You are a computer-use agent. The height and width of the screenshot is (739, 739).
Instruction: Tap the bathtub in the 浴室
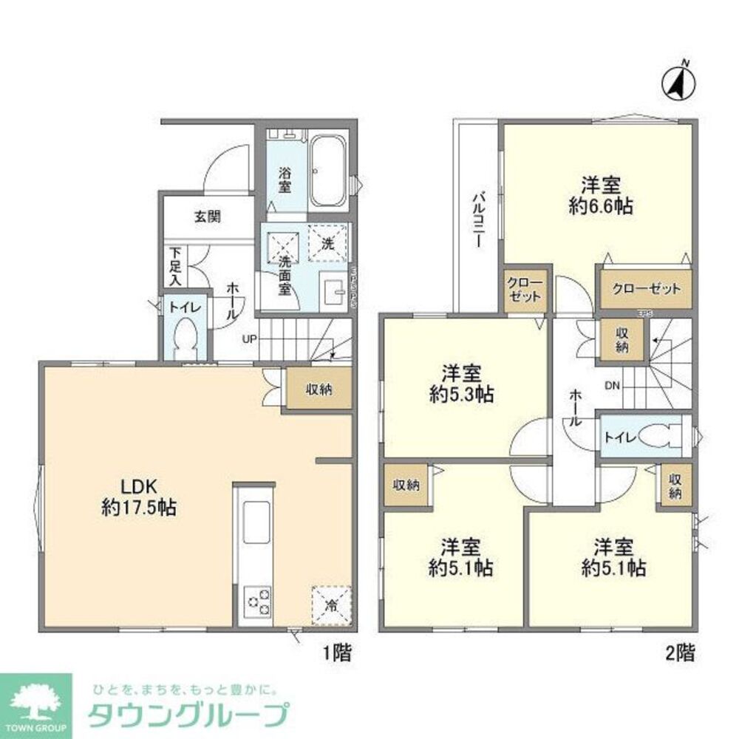coord(327,171)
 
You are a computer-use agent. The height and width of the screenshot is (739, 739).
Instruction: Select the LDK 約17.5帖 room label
coord(138,497)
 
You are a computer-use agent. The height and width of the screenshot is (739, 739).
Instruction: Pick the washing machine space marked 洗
coord(327,242)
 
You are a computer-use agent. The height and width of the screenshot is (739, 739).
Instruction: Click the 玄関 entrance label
coord(208,217)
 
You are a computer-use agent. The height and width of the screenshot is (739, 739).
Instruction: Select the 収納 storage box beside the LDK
coord(319,389)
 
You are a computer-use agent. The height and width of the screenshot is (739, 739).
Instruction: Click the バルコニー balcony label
coord(478,219)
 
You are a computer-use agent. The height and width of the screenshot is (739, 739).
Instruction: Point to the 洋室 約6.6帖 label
coord(599,195)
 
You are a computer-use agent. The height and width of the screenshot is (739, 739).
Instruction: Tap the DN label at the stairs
coord(613,386)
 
